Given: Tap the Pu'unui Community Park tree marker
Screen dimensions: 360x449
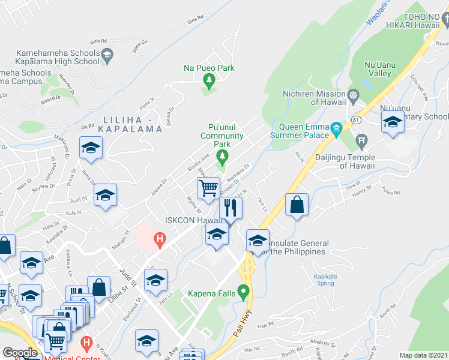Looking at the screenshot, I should click(222, 157).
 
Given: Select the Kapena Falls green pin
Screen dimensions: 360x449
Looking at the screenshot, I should click(243, 293).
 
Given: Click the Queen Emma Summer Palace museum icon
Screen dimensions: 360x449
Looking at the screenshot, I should click(336, 128).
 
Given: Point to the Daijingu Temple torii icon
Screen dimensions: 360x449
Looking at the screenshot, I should click(361, 142).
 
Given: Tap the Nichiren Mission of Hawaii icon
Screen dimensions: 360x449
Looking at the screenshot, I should click(353, 94).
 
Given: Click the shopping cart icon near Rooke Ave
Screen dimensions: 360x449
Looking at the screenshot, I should click(208, 188).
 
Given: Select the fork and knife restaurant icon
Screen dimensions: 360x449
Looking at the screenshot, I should click(231, 208).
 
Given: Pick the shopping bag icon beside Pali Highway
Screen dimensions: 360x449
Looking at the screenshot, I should click(297, 205).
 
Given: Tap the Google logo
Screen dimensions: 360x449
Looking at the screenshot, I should click(20, 353).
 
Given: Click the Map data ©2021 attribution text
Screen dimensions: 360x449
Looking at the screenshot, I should click(424, 355).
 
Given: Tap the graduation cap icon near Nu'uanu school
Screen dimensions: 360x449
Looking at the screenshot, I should click(393, 122).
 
